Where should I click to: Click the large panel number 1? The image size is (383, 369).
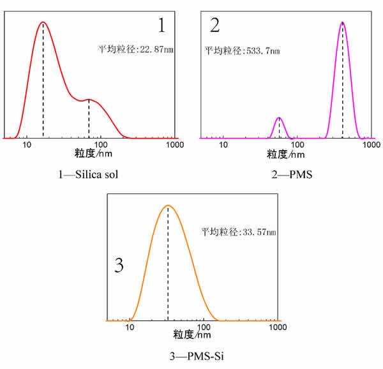[161, 26]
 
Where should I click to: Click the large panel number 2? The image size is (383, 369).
[214, 26]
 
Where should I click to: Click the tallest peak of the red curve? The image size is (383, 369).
[43, 22]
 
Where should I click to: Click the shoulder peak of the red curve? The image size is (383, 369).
[89, 100]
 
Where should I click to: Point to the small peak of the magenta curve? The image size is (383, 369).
[279, 118]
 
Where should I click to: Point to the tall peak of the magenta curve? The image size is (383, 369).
[343, 22]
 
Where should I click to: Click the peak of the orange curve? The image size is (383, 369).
[167, 206]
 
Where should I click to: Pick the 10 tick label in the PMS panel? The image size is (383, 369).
[223, 146]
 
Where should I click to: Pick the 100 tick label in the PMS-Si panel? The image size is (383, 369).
[204, 328]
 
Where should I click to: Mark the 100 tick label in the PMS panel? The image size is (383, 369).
[297, 146]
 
